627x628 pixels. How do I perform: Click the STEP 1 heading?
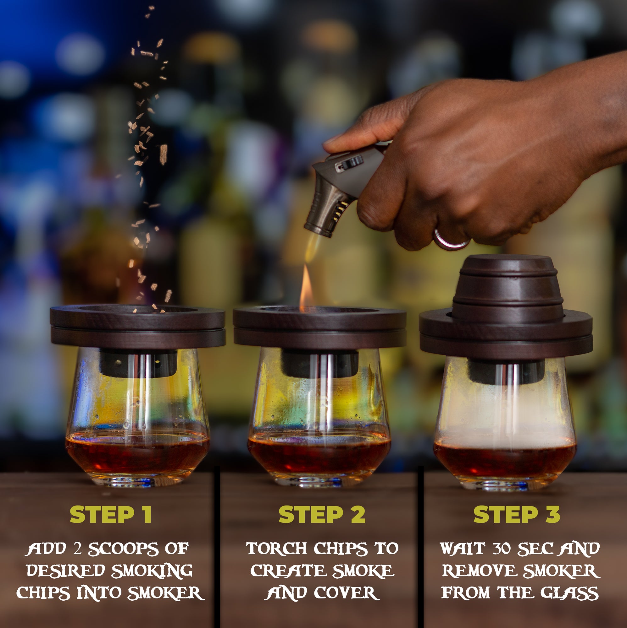(x=111, y=514)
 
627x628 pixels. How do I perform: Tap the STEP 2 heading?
(x=322, y=514)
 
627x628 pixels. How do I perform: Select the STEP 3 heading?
(x=517, y=514)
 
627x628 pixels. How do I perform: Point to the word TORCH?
(x=276, y=548)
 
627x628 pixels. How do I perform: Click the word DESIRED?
(x=65, y=571)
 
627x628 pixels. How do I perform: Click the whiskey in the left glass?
(x=137, y=455)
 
